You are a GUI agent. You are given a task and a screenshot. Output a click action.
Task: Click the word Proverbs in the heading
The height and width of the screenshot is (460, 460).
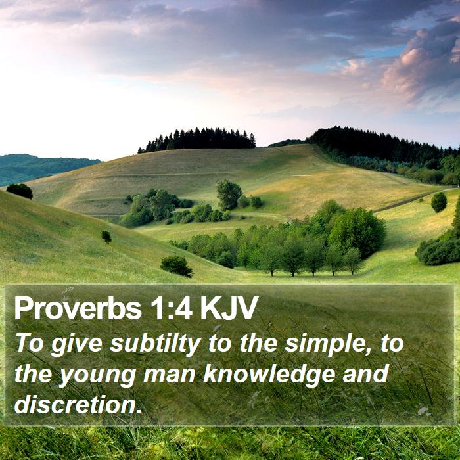tap(78, 308)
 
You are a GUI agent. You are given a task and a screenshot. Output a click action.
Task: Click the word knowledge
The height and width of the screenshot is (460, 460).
tap(269, 374)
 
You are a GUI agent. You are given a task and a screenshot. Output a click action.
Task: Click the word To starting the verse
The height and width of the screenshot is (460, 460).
tap(30, 343)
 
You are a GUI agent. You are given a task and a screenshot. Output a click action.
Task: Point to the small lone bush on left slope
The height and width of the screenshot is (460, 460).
tap(106, 237)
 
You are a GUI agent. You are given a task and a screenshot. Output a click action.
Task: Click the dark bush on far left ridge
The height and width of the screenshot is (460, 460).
tap(20, 191)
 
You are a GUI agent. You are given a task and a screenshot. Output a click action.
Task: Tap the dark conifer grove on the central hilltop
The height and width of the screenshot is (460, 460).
tap(197, 139)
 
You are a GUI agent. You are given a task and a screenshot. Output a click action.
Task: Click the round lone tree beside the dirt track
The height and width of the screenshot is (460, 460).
tap(438, 202)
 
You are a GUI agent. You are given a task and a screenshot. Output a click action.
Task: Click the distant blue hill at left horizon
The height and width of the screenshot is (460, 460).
tap(44, 168)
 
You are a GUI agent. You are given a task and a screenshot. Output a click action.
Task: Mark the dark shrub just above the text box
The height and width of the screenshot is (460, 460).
tap(176, 266)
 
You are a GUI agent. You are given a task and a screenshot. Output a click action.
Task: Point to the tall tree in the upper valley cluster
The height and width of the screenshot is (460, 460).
tap(229, 195)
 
